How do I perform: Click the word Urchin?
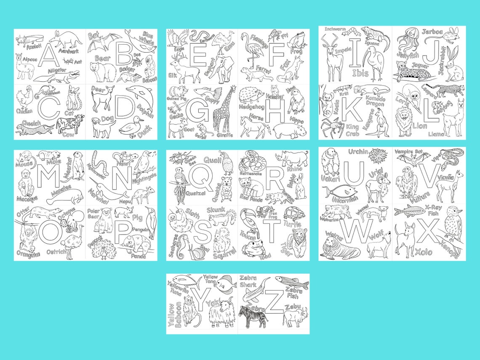tap(358, 152)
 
